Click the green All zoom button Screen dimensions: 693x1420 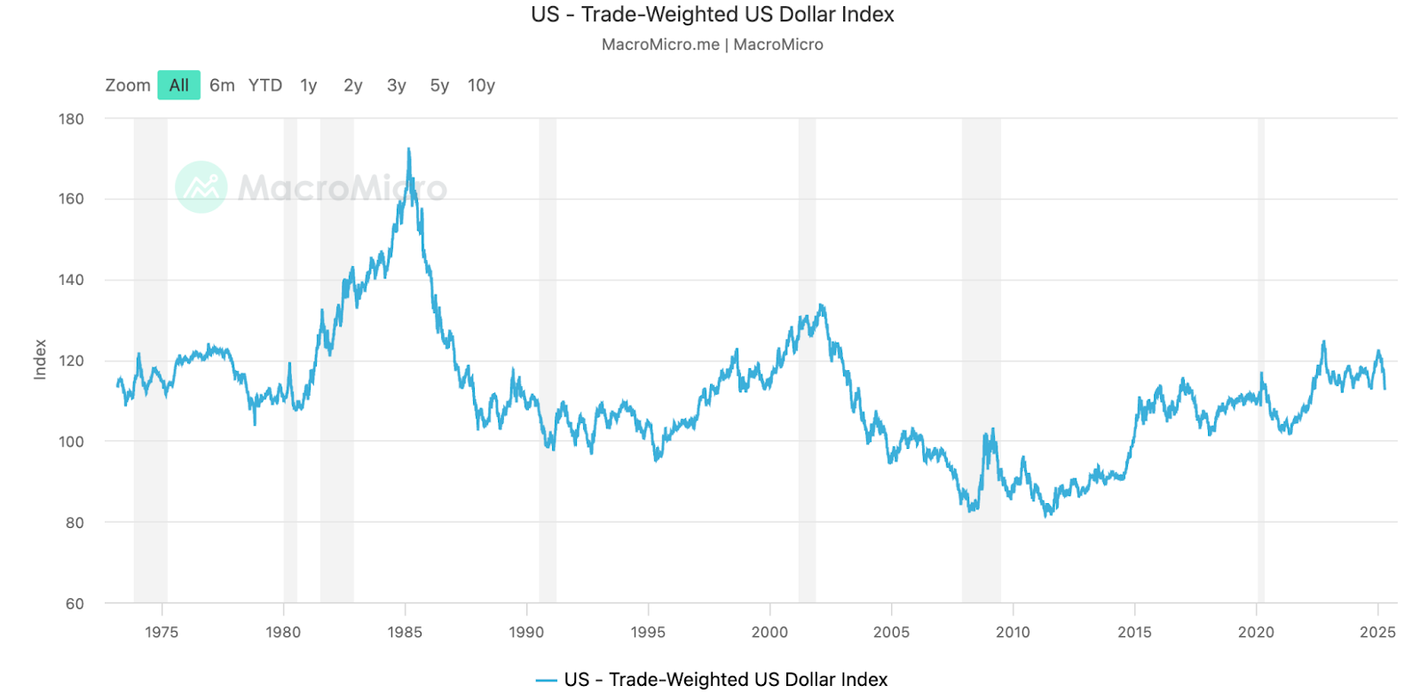coord(179,85)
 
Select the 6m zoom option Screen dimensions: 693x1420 coord(222,85)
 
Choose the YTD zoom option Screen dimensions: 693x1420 coord(265,85)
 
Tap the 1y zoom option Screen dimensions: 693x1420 coord(309,85)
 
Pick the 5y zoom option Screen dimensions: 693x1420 coord(439,85)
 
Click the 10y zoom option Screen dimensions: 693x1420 coord(481,85)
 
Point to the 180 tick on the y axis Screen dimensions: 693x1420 coord(71,119)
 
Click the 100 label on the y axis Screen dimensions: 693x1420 coord(71,442)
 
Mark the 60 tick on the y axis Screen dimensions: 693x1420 coord(75,603)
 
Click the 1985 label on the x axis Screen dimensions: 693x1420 coord(405,632)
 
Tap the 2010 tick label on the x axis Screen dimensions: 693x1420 coord(1013,632)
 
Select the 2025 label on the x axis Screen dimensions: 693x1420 coord(1377,632)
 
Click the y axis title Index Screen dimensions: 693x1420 coord(40,359)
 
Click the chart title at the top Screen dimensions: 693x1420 coord(712,15)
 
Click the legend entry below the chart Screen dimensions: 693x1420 coord(712,679)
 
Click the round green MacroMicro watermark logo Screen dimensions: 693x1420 coord(201,187)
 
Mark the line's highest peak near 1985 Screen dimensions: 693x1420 coord(408,149)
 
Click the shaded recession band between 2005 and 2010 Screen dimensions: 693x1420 coord(981,355)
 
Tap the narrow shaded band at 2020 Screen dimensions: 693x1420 coord(1260,355)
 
